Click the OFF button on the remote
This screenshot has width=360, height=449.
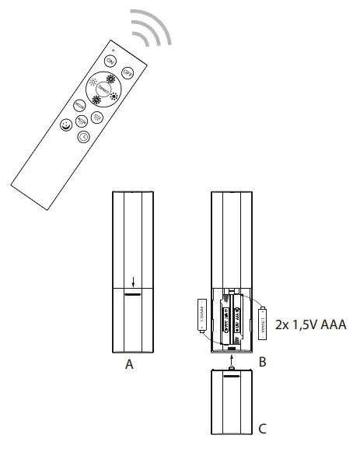click(x=128, y=72)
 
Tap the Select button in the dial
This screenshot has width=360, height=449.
click(x=104, y=90)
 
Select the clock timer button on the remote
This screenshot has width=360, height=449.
click(x=84, y=138)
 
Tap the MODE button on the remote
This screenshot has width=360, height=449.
click(x=80, y=105)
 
